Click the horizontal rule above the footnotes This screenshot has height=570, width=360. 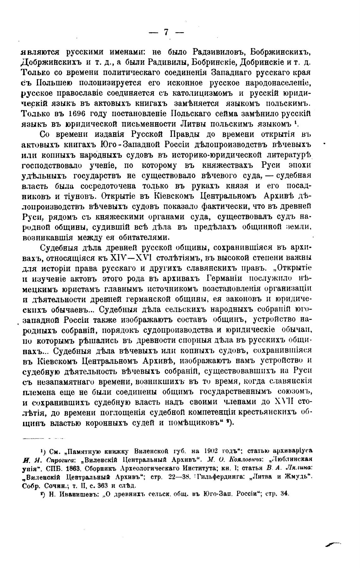[43, 439]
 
